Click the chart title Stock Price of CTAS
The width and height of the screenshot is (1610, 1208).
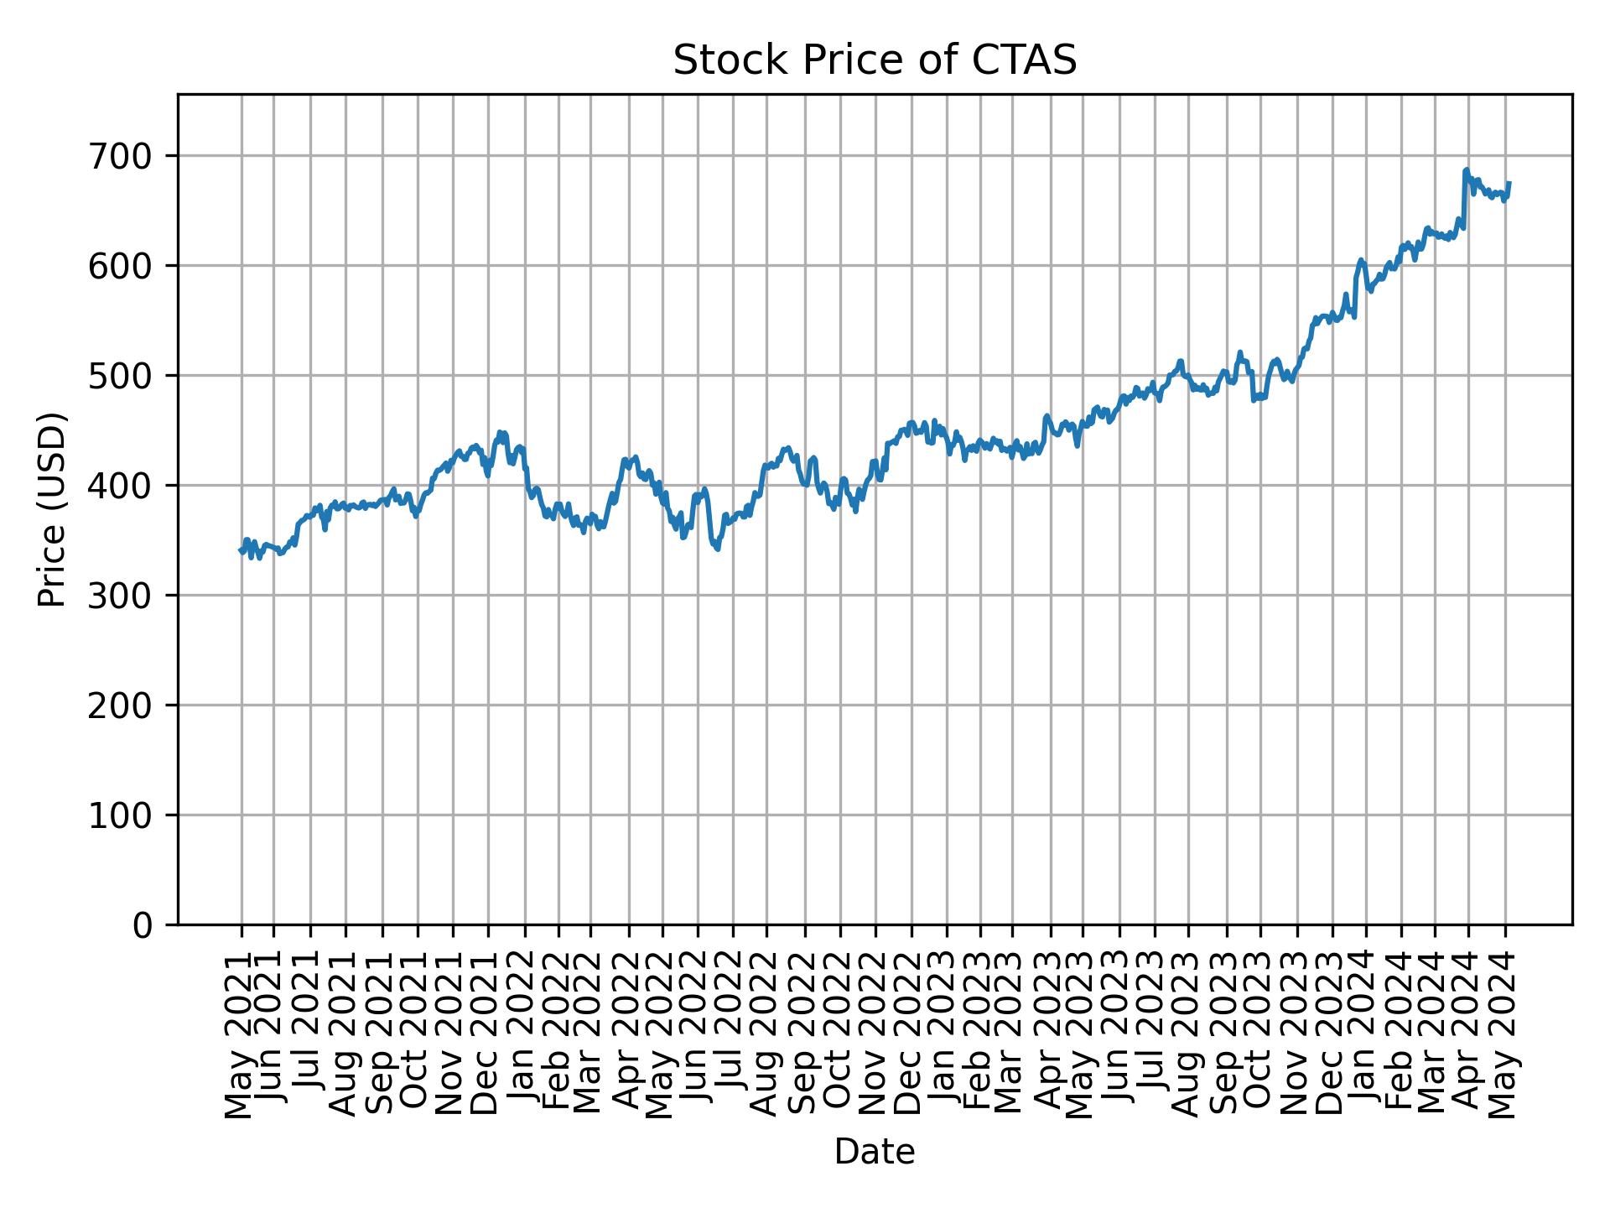[875, 60]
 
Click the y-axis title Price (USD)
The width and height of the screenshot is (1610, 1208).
[52, 509]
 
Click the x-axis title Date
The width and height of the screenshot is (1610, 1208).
[875, 1152]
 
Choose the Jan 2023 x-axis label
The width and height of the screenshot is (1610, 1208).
[947, 1037]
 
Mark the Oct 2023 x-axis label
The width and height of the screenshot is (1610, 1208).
[1259, 1037]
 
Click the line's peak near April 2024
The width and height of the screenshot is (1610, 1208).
[1466, 170]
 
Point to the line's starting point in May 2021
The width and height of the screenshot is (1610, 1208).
[241, 550]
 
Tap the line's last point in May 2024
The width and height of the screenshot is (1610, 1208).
[1509, 183]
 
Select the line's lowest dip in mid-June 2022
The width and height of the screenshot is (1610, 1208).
[717, 549]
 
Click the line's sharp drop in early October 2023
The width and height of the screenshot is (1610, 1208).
[1254, 399]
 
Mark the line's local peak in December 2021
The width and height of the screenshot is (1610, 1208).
[501, 433]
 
